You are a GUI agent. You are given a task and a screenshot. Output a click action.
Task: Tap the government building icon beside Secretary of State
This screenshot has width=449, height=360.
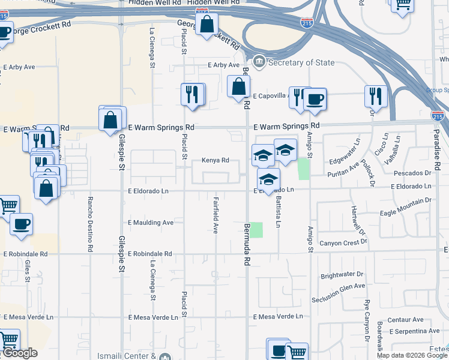pyautogui.click(x=259, y=61)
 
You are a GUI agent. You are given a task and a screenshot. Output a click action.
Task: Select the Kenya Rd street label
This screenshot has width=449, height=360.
pyautogui.click(x=215, y=160)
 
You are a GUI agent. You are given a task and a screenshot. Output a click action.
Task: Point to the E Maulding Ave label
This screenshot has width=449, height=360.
pyautogui.click(x=151, y=223)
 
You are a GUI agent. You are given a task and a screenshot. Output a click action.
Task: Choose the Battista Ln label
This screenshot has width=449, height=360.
pyautogui.click(x=279, y=214)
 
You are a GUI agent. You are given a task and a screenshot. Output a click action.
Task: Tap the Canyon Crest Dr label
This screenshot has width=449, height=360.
pyautogui.click(x=343, y=242)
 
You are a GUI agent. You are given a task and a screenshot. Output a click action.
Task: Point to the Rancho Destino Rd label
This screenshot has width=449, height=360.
pyautogui.click(x=91, y=224)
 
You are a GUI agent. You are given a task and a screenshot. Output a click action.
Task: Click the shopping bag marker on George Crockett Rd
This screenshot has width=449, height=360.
pyautogui.click(x=206, y=25)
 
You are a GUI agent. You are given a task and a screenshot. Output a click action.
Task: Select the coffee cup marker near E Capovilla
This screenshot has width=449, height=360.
pyautogui.click(x=314, y=100)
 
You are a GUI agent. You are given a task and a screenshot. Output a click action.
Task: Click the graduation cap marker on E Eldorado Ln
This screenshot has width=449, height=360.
pyautogui.click(x=269, y=179)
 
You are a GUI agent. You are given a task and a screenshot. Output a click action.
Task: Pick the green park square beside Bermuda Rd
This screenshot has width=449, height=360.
pyautogui.click(x=256, y=230)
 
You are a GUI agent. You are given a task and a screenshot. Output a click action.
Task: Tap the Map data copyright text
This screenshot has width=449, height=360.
pyautogui.click(x=412, y=355)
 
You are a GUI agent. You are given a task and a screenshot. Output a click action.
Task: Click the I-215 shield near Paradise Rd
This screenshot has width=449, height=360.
pyautogui.click(x=438, y=116)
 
